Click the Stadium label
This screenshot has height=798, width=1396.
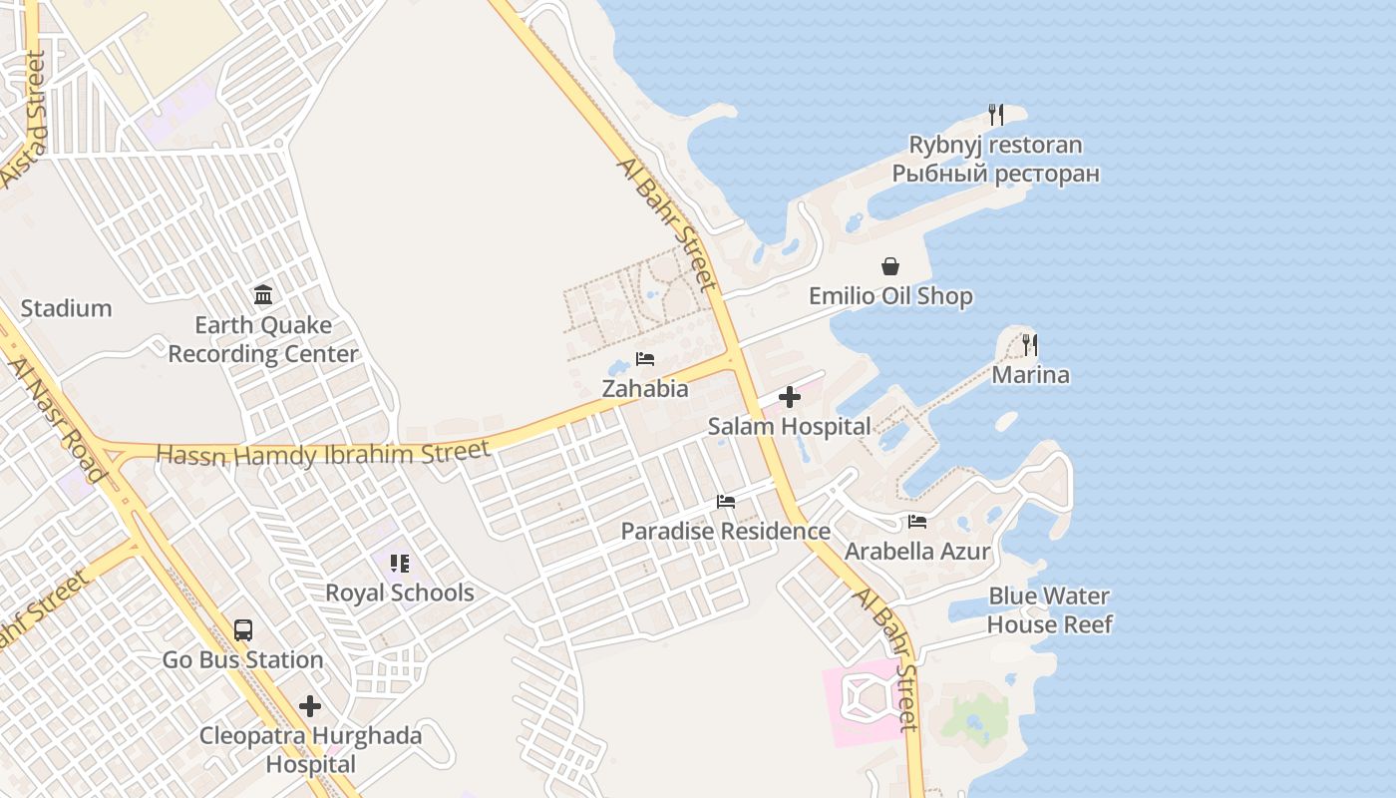point(66,308)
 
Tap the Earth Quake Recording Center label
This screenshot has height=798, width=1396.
point(262,339)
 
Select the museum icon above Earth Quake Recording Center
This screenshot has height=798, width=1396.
point(263,294)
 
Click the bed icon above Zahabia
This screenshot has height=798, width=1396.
point(645,359)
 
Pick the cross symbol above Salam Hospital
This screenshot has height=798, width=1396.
point(789,397)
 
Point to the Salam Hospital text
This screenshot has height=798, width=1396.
point(789,427)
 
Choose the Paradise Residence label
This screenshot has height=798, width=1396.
point(725,531)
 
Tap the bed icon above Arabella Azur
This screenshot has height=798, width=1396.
point(917,522)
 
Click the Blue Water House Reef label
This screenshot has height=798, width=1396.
point(1049,609)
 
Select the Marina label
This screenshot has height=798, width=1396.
point(1030,375)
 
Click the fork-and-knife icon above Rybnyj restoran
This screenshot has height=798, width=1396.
point(995,115)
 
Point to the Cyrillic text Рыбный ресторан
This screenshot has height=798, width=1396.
point(995,174)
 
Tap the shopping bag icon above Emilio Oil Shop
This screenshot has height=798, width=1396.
point(890,266)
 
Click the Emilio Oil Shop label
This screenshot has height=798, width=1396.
point(890,296)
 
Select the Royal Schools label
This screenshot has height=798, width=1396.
point(399,593)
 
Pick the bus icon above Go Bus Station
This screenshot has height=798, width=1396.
point(243,630)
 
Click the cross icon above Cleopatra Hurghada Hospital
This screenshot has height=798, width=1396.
point(310,706)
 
